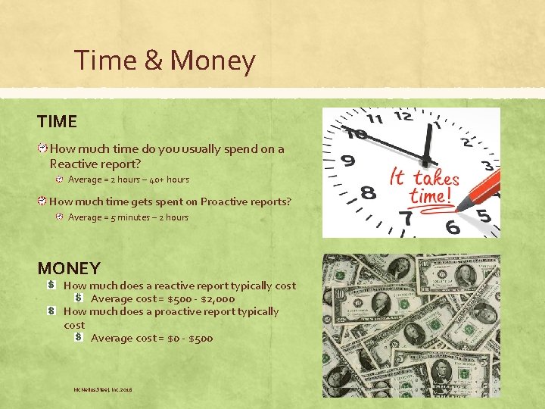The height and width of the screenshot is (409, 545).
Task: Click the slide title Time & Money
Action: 165,60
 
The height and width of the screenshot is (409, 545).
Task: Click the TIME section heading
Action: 57,121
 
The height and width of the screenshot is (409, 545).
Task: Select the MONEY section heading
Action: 69,268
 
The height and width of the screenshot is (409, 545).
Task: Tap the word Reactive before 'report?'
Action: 73,163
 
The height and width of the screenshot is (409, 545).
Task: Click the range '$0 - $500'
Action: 190,338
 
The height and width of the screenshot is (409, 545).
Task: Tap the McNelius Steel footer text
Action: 102,389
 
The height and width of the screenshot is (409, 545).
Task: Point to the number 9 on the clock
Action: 348,161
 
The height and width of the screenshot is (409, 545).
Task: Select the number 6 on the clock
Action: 452,227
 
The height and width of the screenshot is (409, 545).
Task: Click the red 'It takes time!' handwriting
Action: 424,186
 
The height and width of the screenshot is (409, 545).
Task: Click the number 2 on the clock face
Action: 469,141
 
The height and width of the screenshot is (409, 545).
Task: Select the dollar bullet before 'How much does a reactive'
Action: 51,286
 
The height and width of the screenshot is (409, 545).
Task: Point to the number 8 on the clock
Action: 369,193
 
